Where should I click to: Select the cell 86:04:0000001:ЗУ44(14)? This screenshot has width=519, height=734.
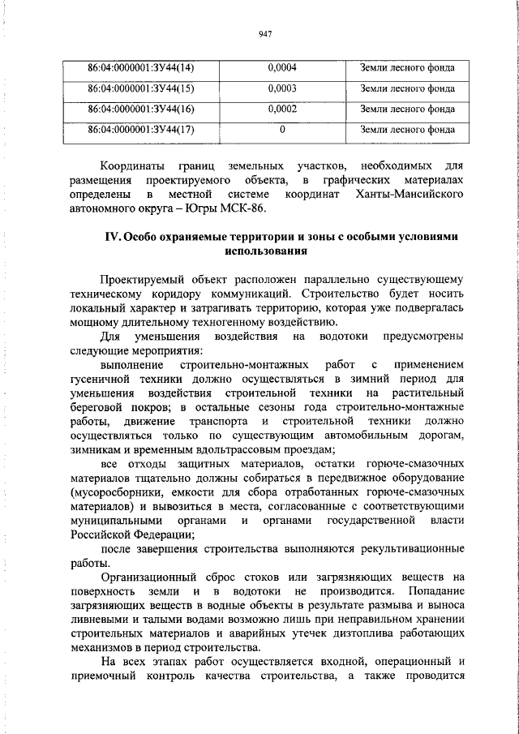135,67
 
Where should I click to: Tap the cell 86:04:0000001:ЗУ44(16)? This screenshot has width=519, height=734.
135,108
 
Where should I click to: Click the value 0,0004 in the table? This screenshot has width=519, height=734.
282,67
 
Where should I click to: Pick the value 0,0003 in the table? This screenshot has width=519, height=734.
282,88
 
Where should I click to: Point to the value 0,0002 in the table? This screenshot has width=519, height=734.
282,108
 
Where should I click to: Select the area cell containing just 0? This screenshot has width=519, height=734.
282,128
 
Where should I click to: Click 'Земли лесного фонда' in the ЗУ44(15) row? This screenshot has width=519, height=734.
407,88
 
